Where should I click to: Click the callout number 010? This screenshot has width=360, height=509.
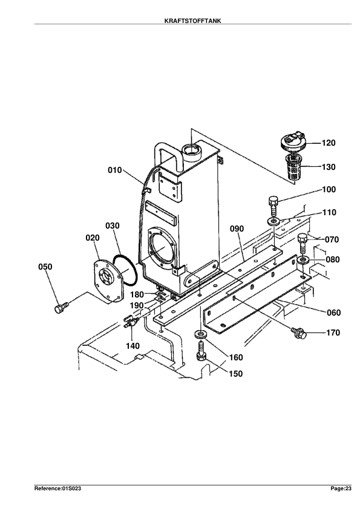tap(115, 170)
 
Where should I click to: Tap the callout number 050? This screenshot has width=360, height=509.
tap(45, 267)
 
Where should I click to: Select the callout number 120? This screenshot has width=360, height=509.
tap(329, 143)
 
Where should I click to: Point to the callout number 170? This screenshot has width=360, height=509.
tap(333, 332)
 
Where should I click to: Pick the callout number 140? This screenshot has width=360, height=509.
tap(133, 346)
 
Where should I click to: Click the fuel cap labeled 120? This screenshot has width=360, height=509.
tap(293, 142)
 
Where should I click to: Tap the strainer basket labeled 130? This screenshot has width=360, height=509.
tap(293, 167)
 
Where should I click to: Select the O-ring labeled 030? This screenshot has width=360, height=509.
tap(125, 270)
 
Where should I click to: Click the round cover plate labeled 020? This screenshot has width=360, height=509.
tap(108, 281)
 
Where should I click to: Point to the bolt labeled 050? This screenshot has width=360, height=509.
tap(61, 307)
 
